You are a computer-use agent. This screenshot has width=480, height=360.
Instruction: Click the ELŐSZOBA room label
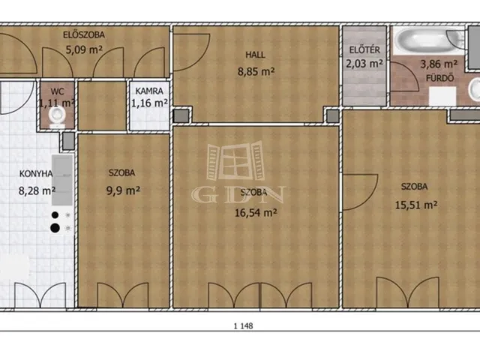tap(84, 35)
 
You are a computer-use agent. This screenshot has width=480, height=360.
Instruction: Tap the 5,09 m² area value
tap(84, 49)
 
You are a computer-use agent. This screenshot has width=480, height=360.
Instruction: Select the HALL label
tap(255, 55)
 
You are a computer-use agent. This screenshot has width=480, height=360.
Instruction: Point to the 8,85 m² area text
tap(256, 72)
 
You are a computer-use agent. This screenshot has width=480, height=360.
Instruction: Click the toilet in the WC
tap(57, 117)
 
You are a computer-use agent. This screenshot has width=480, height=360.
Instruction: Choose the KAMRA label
tap(149, 91)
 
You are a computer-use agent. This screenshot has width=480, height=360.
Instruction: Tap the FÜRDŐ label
tap(440, 78)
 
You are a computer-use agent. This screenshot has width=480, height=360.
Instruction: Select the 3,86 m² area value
tap(439, 64)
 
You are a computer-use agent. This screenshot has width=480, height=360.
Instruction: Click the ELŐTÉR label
tap(364, 49)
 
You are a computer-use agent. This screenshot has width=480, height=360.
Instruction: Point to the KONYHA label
tap(36, 174)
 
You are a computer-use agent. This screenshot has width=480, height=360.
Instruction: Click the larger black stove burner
tap(55, 228)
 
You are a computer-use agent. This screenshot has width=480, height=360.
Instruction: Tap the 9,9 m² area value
tap(123, 190)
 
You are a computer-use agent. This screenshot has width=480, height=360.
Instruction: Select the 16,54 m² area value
tap(256, 212)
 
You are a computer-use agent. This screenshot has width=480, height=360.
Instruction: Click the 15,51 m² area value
tap(415, 205)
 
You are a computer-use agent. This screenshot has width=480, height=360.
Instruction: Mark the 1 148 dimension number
tap(243, 326)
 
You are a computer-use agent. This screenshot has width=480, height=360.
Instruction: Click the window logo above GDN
tap(235, 160)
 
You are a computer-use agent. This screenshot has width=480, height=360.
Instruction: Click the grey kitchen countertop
tap(62, 180)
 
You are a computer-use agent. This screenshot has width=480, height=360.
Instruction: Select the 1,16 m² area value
tap(149, 103)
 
